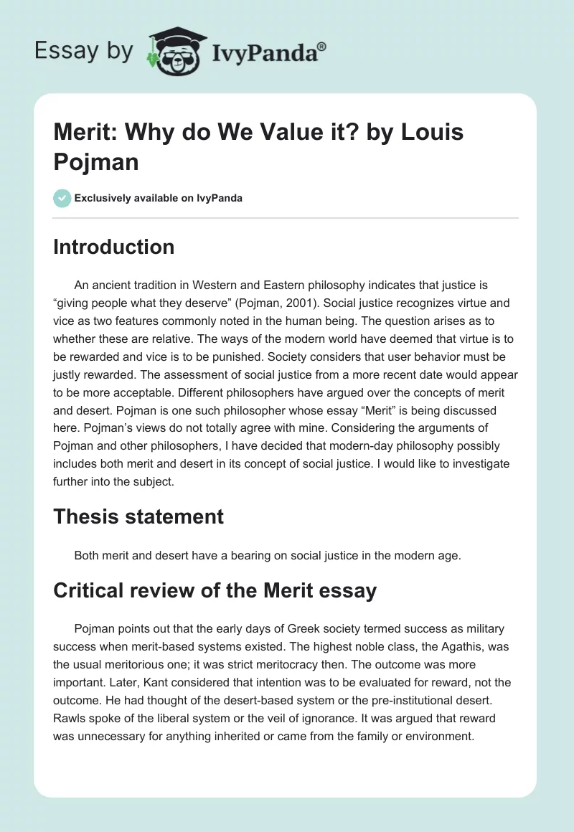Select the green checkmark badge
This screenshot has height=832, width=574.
coord(62,198)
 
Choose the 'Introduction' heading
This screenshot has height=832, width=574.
coord(114,247)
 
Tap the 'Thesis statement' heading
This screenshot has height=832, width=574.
coord(138,516)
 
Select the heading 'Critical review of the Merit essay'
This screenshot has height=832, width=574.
coord(215,591)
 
